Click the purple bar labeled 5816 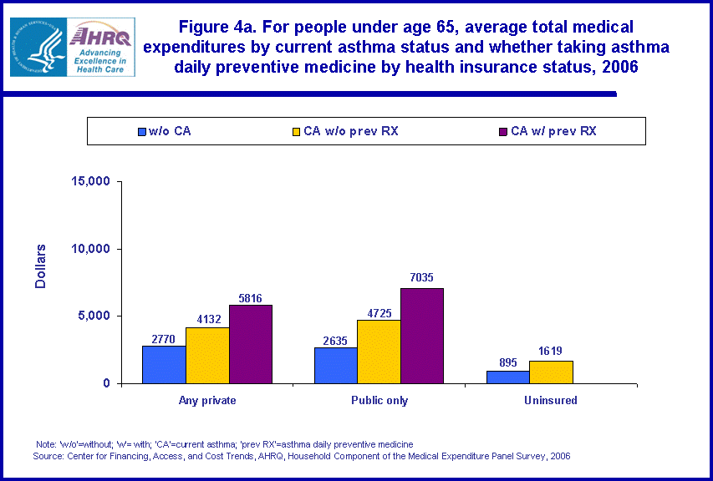pos(251,344)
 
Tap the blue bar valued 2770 pos(164,365)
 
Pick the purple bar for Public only pos(422,336)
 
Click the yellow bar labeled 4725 pos(379,352)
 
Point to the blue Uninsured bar pos(508,377)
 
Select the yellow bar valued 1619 pos(551,372)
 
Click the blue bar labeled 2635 pos(336,366)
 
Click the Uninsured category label pos(551,401)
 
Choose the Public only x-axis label pos(379,401)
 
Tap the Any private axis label pos(207,401)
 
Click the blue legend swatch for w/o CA pos(142,131)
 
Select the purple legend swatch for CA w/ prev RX pos(502,131)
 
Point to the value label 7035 pos(422,278)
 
